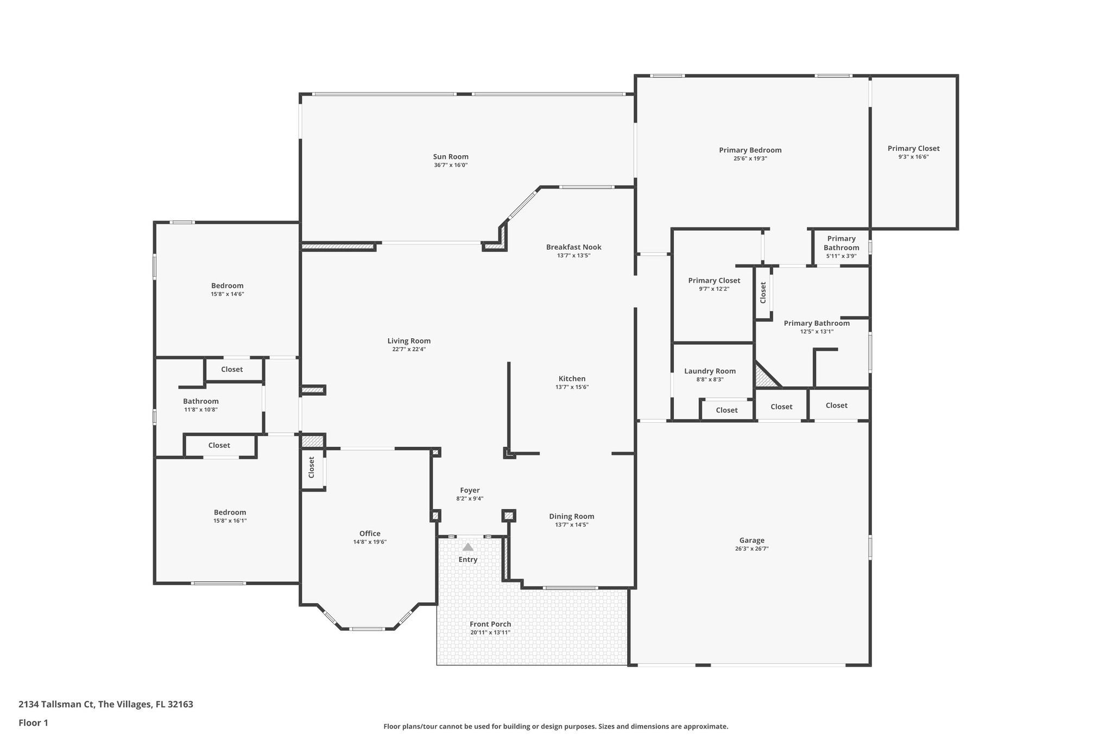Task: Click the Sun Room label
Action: (x=451, y=157)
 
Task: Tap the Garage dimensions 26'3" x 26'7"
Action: (x=751, y=549)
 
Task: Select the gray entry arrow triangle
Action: (x=467, y=547)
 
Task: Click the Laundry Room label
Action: (x=710, y=371)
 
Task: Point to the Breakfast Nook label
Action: (x=573, y=247)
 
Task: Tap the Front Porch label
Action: (x=490, y=624)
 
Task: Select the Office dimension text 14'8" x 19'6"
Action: (x=370, y=542)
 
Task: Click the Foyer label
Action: (x=470, y=490)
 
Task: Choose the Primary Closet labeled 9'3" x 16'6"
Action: (x=913, y=149)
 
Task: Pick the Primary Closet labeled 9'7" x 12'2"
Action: (x=714, y=281)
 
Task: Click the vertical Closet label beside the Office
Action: (x=312, y=467)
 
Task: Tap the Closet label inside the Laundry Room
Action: (x=726, y=410)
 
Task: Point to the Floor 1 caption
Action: (x=33, y=723)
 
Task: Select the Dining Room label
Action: (x=571, y=516)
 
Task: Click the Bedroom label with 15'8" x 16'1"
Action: (x=230, y=512)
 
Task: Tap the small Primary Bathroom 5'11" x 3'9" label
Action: (x=841, y=243)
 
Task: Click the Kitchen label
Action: (x=572, y=379)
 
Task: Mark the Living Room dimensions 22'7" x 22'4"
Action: (x=409, y=350)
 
